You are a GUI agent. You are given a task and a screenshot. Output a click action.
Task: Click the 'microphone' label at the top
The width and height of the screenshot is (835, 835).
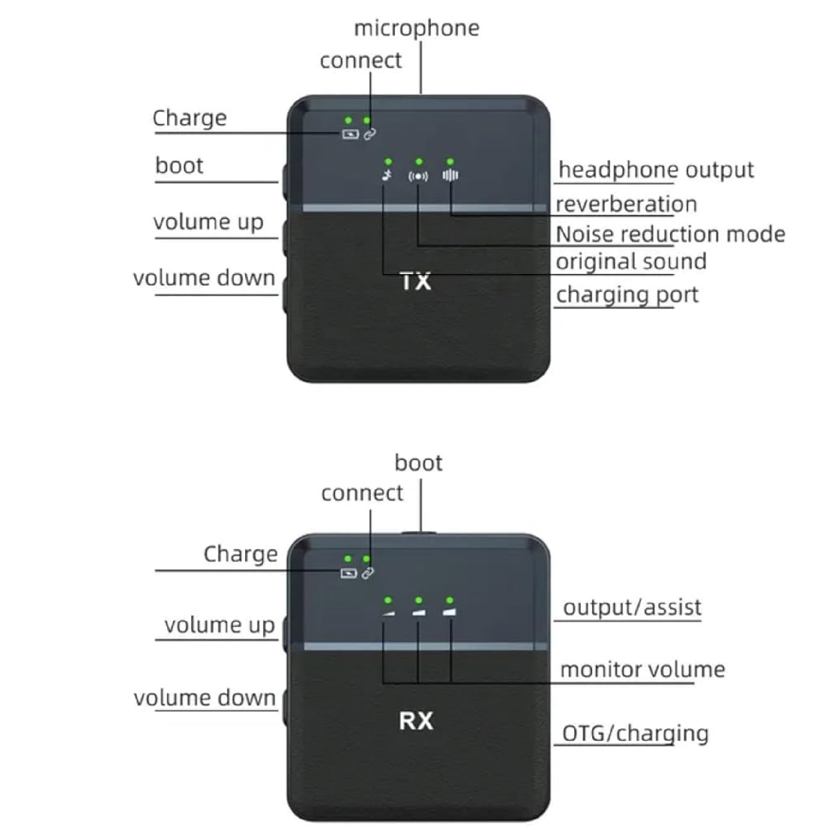(416, 29)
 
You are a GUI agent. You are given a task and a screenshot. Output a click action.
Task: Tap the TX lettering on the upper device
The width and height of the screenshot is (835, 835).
(416, 282)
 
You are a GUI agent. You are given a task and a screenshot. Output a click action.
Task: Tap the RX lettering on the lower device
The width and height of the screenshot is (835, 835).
(416, 721)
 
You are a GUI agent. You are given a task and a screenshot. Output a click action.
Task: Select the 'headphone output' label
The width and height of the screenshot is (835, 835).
(656, 170)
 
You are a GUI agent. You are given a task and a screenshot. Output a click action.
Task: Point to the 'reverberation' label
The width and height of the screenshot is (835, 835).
(626, 204)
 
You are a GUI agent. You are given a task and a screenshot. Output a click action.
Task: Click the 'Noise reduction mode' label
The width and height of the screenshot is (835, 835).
(670, 234)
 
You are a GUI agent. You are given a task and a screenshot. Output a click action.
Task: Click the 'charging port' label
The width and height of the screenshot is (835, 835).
(627, 295)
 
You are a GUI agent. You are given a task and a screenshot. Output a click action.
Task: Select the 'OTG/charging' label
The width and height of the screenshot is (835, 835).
(635, 733)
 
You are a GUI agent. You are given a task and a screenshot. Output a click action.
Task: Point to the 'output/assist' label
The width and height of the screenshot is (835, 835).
(632, 607)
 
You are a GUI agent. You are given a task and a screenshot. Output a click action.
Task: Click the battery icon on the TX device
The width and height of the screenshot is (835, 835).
(350, 134)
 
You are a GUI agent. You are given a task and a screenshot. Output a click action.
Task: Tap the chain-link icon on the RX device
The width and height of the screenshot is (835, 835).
(368, 573)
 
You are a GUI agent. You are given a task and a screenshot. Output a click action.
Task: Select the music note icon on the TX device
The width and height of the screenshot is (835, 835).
(387, 176)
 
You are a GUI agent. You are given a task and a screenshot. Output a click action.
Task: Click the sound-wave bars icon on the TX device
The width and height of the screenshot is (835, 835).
(450, 175)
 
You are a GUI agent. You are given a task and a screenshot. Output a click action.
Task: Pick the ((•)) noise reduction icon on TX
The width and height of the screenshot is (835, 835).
(418, 176)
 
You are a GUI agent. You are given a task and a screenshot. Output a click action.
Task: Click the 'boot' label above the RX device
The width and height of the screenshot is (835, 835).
(418, 463)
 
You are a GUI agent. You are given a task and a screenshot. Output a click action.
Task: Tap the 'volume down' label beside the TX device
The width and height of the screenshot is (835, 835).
(204, 278)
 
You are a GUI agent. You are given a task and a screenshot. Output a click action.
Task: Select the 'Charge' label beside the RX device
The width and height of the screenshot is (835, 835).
(240, 554)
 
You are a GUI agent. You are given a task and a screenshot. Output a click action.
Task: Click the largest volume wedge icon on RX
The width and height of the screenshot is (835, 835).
(450, 612)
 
